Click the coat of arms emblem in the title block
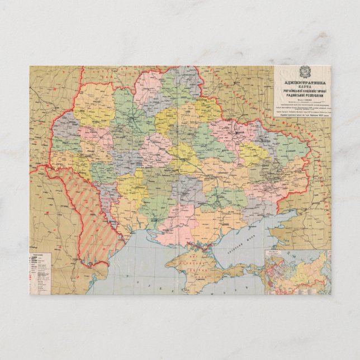pos(302,72)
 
